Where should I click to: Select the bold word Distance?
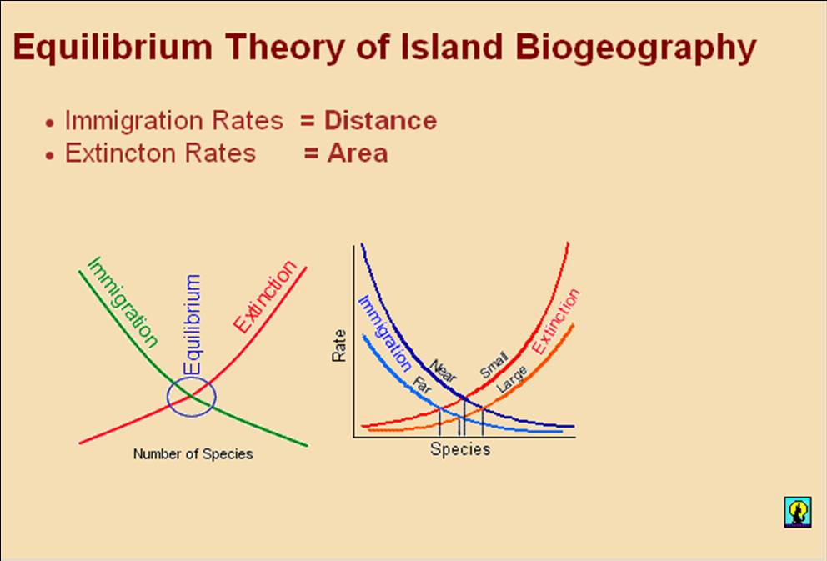tap(380, 121)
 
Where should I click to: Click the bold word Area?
tap(358, 153)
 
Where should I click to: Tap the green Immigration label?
tap(123, 302)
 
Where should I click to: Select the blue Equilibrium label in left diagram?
tap(192, 325)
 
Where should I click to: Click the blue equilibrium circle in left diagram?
tap(168, 397)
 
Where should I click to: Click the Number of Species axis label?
tap(193, 454)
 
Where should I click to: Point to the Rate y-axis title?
tap(338, 346)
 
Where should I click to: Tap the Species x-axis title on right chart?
tap(460, 449)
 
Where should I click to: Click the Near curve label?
tap(444, 371)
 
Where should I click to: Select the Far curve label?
tap(423, 385)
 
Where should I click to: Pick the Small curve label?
tap(494, 364)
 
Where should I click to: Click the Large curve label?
tap(512, 379)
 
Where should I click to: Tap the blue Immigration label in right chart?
tap(384, 333)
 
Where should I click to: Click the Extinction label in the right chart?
tap(555, 322)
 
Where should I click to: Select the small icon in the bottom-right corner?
tap(798, 512)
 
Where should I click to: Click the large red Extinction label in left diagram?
tap(265, 296)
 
